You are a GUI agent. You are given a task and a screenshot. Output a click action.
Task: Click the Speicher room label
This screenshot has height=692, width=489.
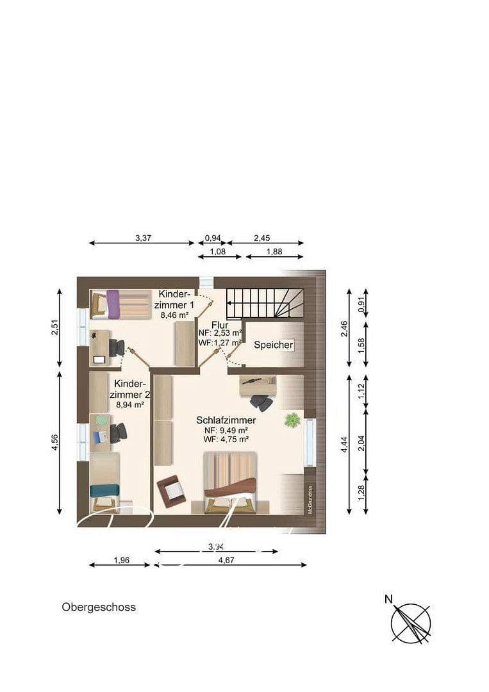(x=274, y=345)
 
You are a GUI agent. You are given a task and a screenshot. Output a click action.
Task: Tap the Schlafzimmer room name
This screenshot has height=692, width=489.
(x=226, y=420)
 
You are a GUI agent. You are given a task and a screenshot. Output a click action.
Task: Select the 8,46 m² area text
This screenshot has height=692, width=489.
(x=174, y=315)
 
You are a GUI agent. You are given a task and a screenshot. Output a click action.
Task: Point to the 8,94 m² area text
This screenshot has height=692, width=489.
(x=129, y=404)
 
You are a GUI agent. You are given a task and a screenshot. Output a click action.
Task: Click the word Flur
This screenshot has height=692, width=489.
(x=220, y=325)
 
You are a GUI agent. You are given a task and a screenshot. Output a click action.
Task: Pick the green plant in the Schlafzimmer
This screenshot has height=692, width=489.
(x=293, y=420)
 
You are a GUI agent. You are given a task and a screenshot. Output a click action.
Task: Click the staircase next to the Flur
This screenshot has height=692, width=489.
(x=266, y=303)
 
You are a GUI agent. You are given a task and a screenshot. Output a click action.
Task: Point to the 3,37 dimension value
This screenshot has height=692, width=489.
(x=143, y=238)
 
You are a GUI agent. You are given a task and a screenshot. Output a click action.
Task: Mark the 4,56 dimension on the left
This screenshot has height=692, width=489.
(x=54, y=443)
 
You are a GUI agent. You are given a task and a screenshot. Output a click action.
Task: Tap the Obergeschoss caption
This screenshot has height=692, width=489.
(x=99, y=607)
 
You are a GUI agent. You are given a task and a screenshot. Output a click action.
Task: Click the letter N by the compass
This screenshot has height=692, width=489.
(x=388, y=599)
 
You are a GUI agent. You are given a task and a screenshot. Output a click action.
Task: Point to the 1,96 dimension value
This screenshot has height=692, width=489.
(x=122, y=559)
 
